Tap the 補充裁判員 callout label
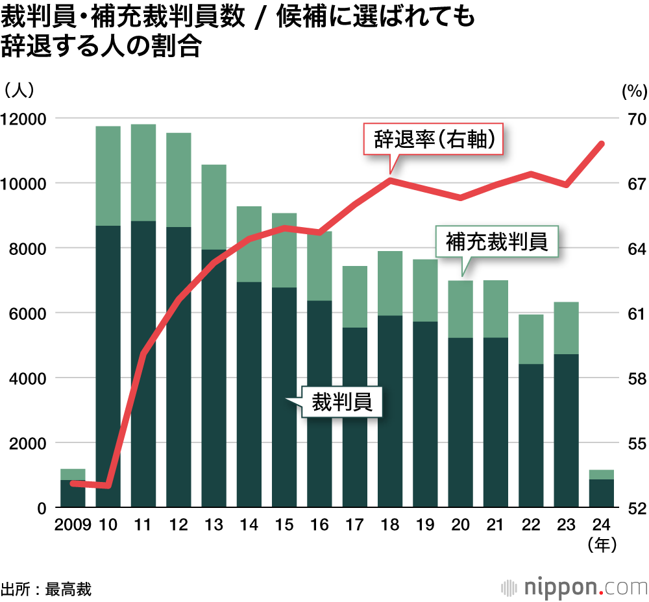(496, 242)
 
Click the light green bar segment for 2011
(143, 173)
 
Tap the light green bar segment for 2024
(602, 474)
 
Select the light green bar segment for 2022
(531, 339)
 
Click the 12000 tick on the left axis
(23, 119)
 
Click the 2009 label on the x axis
(73, 525)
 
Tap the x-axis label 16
(319, 525)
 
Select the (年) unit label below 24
(602, 546)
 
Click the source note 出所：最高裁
(46, 589)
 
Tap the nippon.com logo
(574, 587)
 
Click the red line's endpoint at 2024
(602, 143)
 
